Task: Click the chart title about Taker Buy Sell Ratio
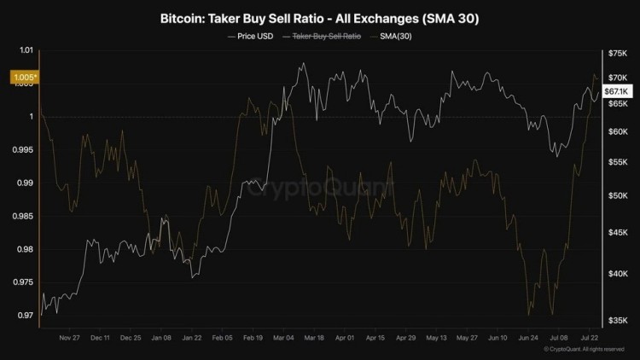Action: [x=319, y=18]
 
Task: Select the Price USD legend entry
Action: [x=253, y=38]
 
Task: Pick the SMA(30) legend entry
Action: [x=397, y=38]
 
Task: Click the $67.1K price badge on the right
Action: [x=616, y=91]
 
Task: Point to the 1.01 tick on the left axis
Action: [x=24, y=51]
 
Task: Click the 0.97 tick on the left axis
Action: [x=24, y=316]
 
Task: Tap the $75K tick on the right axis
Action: [x=616, y=54]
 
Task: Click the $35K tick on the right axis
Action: [x=616, y=320]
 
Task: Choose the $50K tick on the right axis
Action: [x=616, y=195]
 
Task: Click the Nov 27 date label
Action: [x=71, y=338]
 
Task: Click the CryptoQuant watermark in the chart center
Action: [x=320, y=184]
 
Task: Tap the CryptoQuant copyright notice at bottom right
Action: [x=585, y=351]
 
